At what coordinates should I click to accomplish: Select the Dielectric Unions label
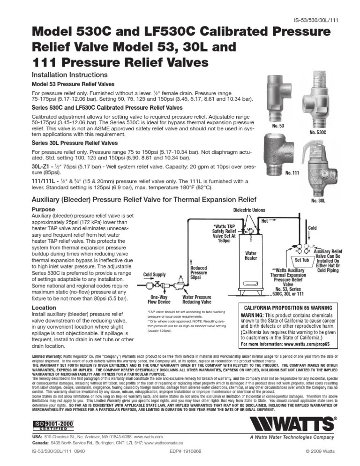pos(253,210)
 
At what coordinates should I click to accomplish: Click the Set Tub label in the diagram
pos(301,260)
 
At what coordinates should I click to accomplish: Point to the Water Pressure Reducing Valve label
pos(196,300)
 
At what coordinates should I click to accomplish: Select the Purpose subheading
pos(43,209)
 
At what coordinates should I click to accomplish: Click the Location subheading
pos(43,308)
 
